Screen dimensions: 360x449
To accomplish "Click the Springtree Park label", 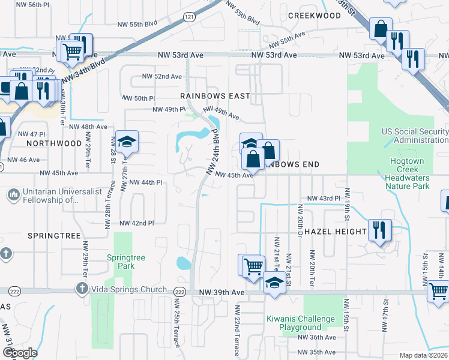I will (126, 262).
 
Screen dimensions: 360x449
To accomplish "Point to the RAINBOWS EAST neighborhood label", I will (215, 96).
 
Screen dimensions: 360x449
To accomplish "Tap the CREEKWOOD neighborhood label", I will (314, 16).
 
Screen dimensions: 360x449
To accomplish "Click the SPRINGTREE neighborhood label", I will (54, 236).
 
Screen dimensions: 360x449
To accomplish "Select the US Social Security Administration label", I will (415, 136).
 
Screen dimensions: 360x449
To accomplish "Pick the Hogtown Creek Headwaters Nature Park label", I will (407, 174).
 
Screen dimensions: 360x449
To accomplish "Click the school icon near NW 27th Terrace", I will (127, 142).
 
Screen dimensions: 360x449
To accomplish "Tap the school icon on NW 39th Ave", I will (275, 282).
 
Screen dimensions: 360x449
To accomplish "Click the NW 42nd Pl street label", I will (137, 223).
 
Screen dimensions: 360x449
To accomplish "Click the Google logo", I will (20, 353).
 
